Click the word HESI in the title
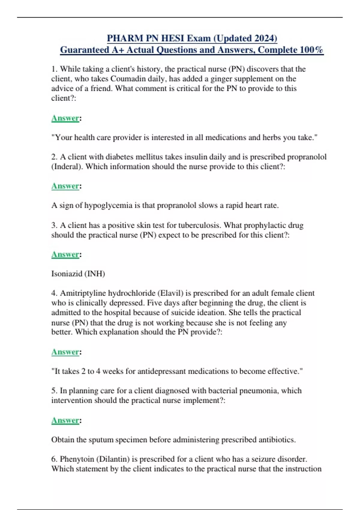point(173,38)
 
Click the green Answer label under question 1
point(65,118)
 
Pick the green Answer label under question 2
point(65,186)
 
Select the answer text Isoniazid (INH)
point(78,274)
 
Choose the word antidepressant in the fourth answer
point(162,371)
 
